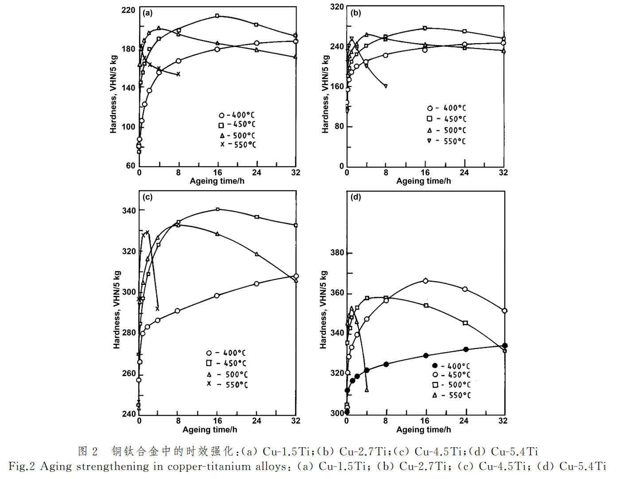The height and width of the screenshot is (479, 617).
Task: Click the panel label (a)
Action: click(x=148, y=13)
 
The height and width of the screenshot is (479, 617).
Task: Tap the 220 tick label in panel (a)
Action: click(x=128, y=10)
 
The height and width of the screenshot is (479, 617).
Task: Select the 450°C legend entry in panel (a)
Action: click(x=237, y=125)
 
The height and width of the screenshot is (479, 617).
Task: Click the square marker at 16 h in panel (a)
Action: click(x=217, y=16)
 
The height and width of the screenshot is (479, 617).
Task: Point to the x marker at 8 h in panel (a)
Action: click(x=179, y=74)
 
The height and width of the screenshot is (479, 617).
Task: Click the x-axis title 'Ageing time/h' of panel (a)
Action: click(x=217, y=181)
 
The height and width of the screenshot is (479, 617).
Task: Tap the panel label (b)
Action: click(x=355, y=13)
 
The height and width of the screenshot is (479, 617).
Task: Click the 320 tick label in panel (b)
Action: click(x=337, y=7)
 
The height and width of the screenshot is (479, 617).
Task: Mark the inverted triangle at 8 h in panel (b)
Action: click(x=386, y=86)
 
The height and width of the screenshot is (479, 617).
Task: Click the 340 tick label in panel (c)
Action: click(x=129, y=211)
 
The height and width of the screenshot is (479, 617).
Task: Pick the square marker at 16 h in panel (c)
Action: click(x=217, y=209)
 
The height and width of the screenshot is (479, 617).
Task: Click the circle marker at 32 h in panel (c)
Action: click(x=296, y=276)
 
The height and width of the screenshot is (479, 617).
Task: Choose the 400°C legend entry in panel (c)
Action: click(x=226, y=353)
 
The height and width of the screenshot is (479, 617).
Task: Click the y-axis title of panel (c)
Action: click(x=117, y=309)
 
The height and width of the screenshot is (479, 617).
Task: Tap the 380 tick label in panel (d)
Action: click(x=337, y=253)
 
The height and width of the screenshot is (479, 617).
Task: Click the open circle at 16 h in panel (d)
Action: click(x=426, y=281)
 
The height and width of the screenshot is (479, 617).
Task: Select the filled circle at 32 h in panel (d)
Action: click(x=504, y=346)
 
